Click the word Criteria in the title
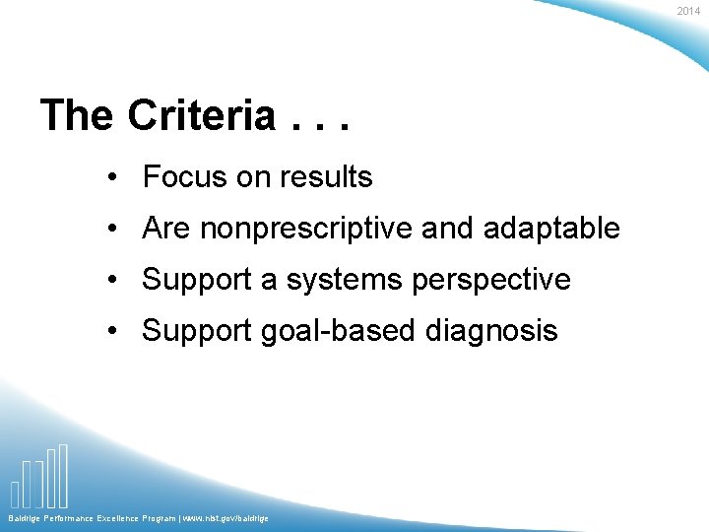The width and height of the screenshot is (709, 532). (202, 116)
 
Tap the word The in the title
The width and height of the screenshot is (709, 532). (77, 116)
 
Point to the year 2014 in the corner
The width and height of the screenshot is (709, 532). (688, 11)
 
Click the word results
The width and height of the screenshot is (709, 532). (324, 177)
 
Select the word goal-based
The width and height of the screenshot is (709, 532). (339, 331)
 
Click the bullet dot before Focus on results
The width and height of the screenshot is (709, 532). (115, 178)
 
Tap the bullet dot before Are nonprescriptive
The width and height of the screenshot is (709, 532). (115, 230)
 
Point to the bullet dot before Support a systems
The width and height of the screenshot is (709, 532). (115, 281)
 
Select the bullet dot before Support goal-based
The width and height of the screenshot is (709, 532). (115, 332)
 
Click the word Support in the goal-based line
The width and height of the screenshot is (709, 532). (197, 331)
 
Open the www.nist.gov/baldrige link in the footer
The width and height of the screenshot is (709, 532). (223, 518)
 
